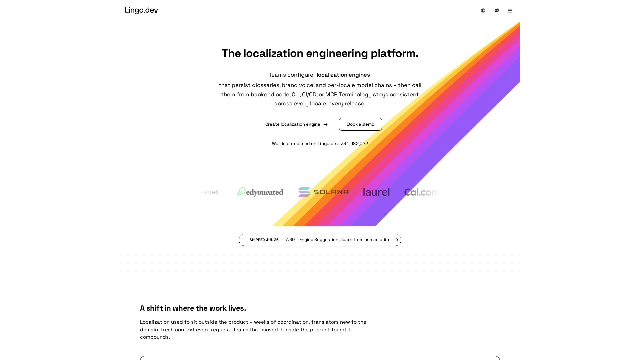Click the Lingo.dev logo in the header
[x=141, y=10]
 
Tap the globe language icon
[x=483, y=11]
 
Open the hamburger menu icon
[x=510, y=11]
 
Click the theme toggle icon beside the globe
[x=497, y=11]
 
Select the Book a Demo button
[x=360, y=124]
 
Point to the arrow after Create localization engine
[x=325, y=125]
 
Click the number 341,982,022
[x=354, y=144]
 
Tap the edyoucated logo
[x=260, y=192]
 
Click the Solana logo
[x=323, y=192]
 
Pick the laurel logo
[x=376, y=192]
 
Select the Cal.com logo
[x=422, y=192]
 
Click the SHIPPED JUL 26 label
[x=264, y=240]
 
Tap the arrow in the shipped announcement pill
[x=396, y=240]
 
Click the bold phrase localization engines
[x=343, y=75]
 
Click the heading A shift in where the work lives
[x=193, y=308]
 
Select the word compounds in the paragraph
[x=155, y=337]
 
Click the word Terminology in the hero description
[x=355, y=95]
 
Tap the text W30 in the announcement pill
[x=290, y=240]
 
